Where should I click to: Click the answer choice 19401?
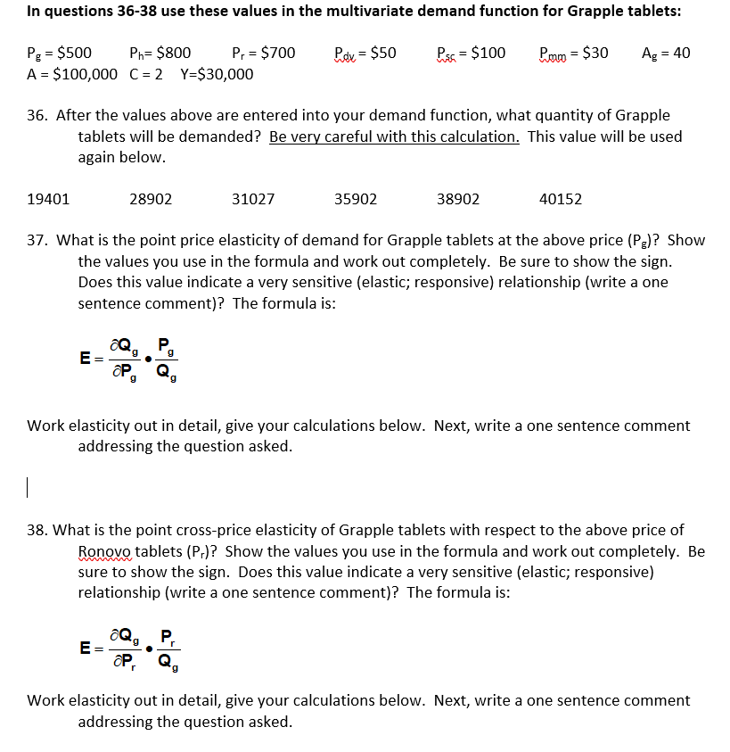pyautogui.click(x=48, y=199)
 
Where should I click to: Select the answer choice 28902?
pyautogui.click(x=151, y=199)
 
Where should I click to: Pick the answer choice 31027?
pyautogui.click(x=253, y=199)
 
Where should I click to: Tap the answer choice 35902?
pyautogui.click(x=356, y=199)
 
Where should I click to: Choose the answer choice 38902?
pyautogui.click(x=458, y=199)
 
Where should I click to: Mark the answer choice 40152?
pyautogui.click(x=561, y=199)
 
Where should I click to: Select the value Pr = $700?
pyautogui.click(x=263, y=53)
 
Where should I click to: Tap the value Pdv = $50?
pyautogui.click(x=365, y=53)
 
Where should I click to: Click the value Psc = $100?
pyautogui.click(x=471, y=53)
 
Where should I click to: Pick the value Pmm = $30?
pyautogui.click(x=574, y=53)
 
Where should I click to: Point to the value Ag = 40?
pyautogui.click(x=665, y=53)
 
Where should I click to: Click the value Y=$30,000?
pyautogui.click(x=217, y=73)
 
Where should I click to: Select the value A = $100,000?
pyautogui.click(x=72, y=73)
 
